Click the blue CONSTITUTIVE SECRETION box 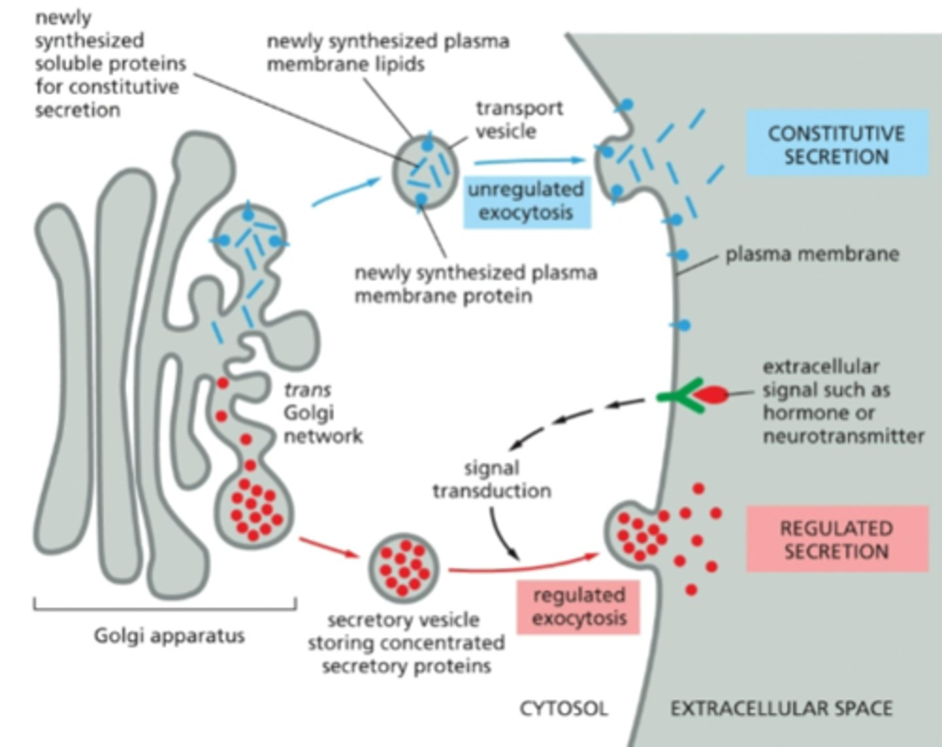click(837, 144)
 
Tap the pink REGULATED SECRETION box click(837, 539)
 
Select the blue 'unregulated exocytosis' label click(527, 201)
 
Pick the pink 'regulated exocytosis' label click(578, 606)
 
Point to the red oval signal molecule click(711, 395)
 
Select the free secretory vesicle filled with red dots click(404, 567)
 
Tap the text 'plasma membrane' click(812, 254)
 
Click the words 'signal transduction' click(491, 479)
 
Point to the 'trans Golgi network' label click(321, 412)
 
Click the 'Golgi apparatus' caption click(169, 635)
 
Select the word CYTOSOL click(563, 708)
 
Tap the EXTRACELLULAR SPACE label click(781, 708)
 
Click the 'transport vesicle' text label click(518, 120)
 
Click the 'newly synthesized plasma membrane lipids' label click(387, 52)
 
